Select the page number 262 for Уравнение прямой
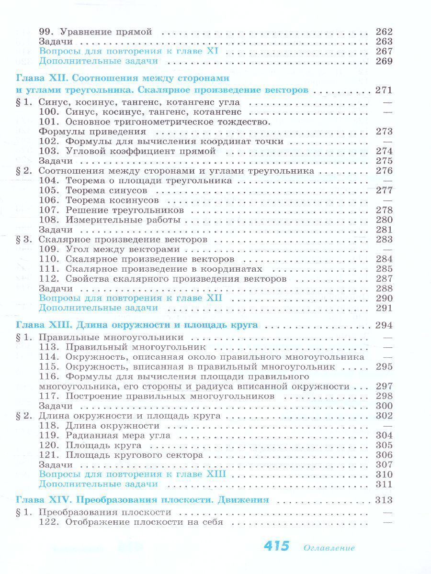[x=384, y=32]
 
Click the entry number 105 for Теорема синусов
[x=48, y=190]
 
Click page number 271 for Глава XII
[x=384, y=90]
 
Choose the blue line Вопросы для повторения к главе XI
[x=129, y=51]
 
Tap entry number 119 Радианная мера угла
[x=48, y=436]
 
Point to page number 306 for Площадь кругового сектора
[x=384, y=455]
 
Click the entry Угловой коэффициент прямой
[x=134, y=151]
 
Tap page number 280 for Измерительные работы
[x=384, y=220]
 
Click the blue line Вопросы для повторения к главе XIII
[x=132, y=475]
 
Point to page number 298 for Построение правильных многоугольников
[x=384, y=396]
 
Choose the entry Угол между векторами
[x=123, y=249]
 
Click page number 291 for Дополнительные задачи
[x=384, y=308]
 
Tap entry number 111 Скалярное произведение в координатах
[x=48, y=269]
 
